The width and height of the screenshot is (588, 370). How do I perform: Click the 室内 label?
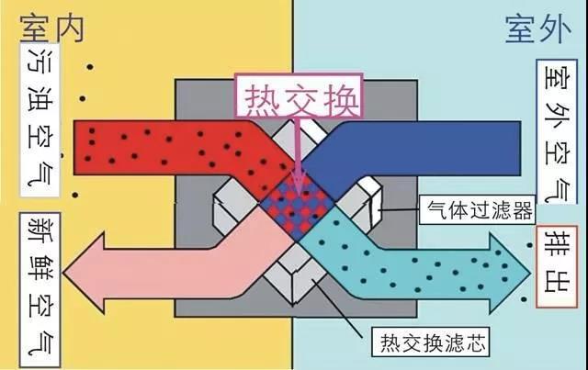[51, 29]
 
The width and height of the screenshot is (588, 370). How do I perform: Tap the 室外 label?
[538, 29]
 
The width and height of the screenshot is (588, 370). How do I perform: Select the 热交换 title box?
[299, 96]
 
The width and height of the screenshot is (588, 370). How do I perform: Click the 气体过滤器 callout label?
[478, 209]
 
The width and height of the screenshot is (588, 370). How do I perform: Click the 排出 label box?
[557, 267]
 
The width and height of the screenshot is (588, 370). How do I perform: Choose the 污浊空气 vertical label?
[40, 120]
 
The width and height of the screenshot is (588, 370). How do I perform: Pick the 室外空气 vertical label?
[557, 131]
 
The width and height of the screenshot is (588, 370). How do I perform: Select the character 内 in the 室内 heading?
[69, 29]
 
